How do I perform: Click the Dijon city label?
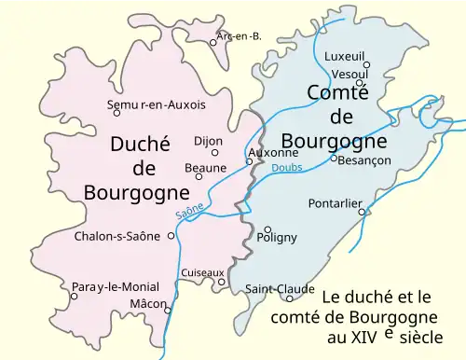pyautogui.click(x=208, y=141)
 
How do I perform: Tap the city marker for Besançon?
pyautogui.click(x=334, y=158)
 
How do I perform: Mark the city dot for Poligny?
pyautogui.click(x=267, y=228)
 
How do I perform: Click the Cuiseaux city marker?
pyautogui.click(x=222, y=282)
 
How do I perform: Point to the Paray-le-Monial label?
pyautogui.click(x=115, y=286)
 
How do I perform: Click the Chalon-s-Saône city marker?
pyautogui.click(x=171, y=235)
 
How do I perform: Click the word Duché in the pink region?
pyautogui.click(x=140, y=145)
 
